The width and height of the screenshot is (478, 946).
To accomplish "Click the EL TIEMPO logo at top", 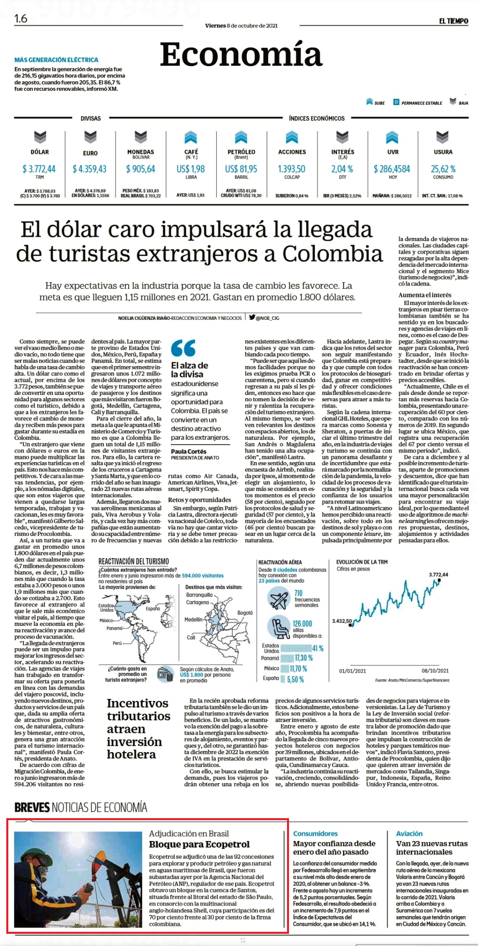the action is pos(454,21).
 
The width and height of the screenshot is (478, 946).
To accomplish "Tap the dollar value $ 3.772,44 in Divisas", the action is pos(39,169).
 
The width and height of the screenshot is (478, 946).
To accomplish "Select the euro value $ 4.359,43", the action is pos(89,169).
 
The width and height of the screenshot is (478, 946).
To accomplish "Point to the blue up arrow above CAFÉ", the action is pos(191,137).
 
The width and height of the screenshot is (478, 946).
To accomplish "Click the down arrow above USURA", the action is pos(443,137).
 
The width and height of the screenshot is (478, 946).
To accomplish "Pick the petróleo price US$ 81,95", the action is pos(241,169).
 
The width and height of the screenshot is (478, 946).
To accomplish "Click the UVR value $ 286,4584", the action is pos(392,169).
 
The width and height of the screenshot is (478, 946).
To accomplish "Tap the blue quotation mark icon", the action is pos(183,348).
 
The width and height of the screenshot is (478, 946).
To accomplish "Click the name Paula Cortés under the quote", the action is pos(189,452).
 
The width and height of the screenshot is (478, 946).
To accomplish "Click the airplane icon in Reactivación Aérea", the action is pos(278,599).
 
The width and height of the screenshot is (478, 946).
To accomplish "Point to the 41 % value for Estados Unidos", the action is pos(318,648).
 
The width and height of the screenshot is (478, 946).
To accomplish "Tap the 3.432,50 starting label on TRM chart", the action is pos(342,621).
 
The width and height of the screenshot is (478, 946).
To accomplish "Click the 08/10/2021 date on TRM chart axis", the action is pos(435,671).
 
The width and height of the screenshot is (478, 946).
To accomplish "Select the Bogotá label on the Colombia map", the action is pos(245,613).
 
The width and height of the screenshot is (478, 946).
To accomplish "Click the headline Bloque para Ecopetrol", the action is pos(199,845).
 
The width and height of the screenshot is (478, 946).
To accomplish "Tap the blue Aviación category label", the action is pos(409,834).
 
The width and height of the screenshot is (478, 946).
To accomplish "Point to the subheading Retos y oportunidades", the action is pos(200,500).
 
